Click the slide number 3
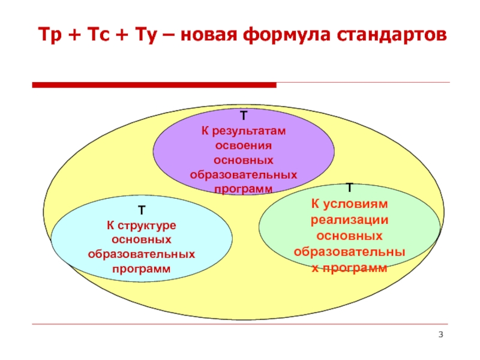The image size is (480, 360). [x=441, y=334]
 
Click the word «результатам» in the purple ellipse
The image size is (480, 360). [x=251, y=131]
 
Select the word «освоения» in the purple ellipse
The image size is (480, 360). [x=244, y=146]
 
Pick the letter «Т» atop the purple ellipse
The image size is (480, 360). [x=244, y=115]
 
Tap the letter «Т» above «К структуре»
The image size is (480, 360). [x=141, y=211]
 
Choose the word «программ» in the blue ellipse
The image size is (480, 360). [x=141, y=269]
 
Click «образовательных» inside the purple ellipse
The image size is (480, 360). [x=244, y=175]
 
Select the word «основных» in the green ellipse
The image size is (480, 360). [x=350, y=235]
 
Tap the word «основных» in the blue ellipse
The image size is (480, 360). [x=141, y=240]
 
